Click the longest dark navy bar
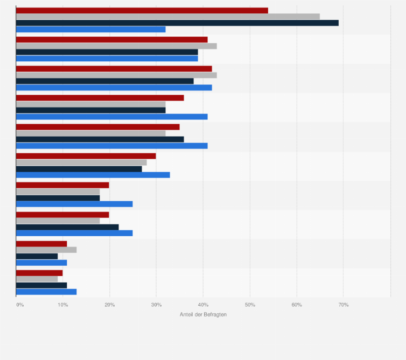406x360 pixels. point(177,23)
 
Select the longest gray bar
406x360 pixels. point(167,16)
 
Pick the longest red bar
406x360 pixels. point(142,10)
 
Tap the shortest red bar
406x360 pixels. point(39,273)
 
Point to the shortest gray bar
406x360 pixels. point(37,279)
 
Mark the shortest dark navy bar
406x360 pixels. point(37,256)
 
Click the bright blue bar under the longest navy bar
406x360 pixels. point(90,29)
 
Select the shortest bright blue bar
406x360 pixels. point(41,263)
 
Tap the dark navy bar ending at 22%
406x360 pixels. point(67,227)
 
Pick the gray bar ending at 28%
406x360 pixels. point(81,163)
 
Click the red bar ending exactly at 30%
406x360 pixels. point(86,156)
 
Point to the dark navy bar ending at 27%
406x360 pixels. point(79,169)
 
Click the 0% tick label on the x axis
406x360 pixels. point(20,305)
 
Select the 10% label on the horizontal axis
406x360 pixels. point(62,305)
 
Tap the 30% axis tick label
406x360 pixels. point(156,305)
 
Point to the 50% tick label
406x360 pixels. point(250,305)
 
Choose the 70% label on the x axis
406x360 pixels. point(343,305)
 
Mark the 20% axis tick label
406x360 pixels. point(109,305)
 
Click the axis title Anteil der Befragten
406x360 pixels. point(203,314)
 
